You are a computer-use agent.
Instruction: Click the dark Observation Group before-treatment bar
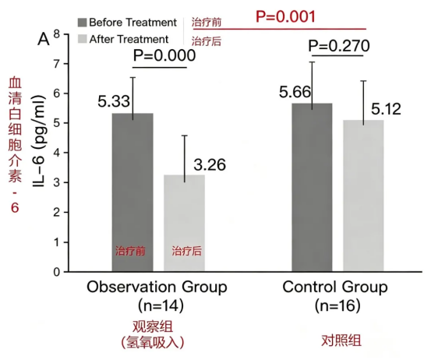tap(132, 192)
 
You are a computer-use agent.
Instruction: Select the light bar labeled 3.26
tap(184, 223)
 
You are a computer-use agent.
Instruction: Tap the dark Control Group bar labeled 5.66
tap(312, 188)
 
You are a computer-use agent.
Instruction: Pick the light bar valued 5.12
tap(363, 196)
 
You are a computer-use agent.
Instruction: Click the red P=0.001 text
tap(285, 16)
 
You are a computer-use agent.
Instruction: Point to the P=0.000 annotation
tap(164, 55)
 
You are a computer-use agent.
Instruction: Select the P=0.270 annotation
tap(339, 46)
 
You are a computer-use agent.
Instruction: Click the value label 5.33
tap(114, 101)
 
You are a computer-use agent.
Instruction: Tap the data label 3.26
tap(210, 165)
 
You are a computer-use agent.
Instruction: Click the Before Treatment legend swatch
tap(82, 23)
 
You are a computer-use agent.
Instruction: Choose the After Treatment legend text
tap(129, 39)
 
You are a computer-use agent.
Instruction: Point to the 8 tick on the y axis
tap(56, 34)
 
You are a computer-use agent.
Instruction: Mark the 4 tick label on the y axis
tap(56, 153)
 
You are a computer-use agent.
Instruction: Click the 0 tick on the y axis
tap(56, 272)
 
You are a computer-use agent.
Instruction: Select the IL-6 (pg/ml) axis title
tap(38, 142)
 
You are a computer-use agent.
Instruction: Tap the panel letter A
tap(44, 39)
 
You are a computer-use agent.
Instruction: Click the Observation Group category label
tap(157, 288)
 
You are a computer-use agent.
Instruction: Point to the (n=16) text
tap(337, 305)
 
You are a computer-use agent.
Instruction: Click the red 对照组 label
tap(341, 341)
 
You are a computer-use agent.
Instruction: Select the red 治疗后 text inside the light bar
tap(187, 251)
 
